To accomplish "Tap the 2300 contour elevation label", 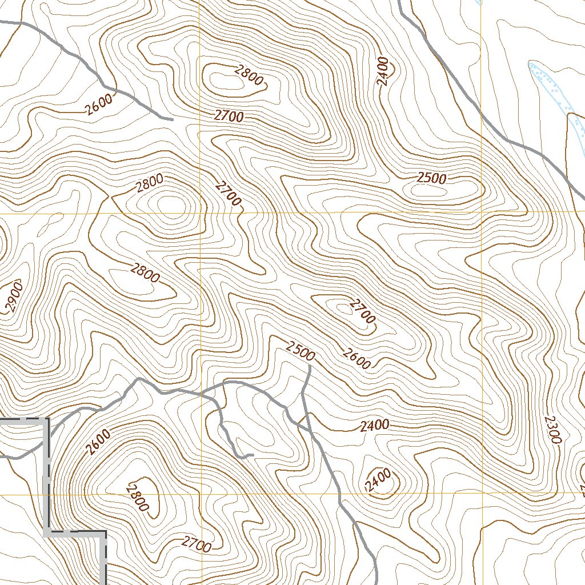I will click(x=552, y=429).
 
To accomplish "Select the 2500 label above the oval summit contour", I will click(x=431, y=178).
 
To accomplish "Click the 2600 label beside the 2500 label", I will click(x=356, y=358).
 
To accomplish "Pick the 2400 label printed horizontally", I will click(x=375, y=425).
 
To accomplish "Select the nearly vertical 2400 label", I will click(x=383, y=71).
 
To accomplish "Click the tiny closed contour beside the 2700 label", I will click(x=343, y=308).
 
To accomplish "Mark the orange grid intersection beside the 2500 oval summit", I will click(x=481, y=212).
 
